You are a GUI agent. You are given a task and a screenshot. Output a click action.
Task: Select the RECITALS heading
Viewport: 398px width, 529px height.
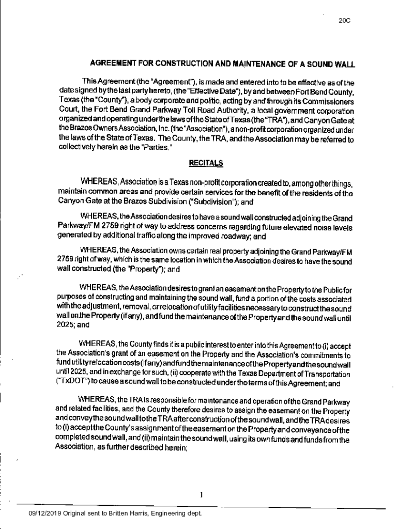(206, 164)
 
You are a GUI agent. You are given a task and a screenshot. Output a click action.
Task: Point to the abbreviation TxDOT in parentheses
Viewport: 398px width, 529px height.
(70, 384)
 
